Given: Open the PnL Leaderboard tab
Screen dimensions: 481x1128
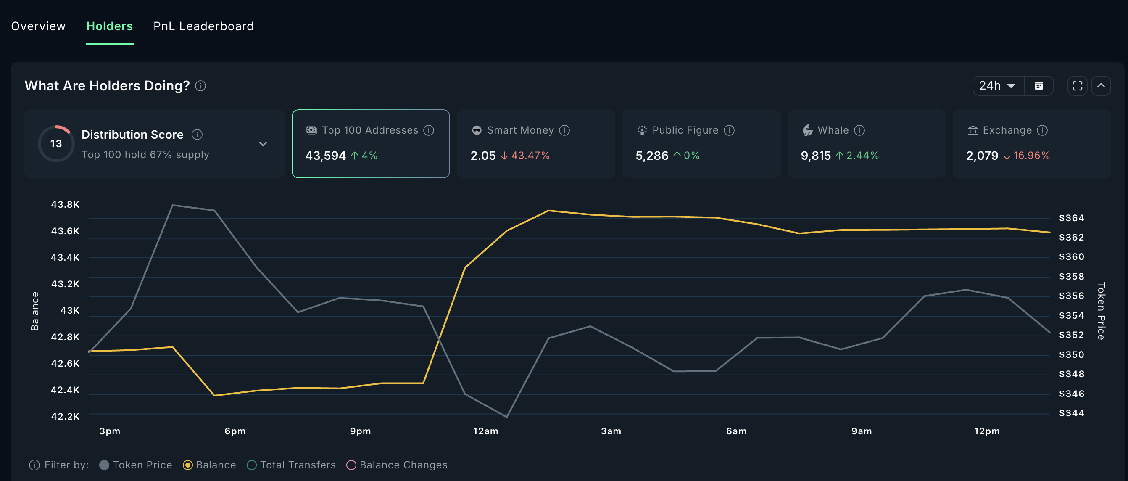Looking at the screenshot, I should click(203, 26).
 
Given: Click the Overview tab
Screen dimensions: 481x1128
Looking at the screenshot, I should click(38, 26).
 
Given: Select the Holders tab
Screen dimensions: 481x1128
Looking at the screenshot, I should click(109, 26).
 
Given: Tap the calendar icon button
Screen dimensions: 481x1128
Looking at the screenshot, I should click(1038, 85).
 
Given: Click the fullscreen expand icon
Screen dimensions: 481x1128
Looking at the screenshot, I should click(1077, 85).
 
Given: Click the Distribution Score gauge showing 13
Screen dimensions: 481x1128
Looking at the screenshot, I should click(56, 144).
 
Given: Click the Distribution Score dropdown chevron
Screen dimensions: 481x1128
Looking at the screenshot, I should click(263, 144).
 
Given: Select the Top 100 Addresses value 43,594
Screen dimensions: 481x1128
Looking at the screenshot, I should click(325, 156).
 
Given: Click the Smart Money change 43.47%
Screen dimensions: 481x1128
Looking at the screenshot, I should click(530, 156).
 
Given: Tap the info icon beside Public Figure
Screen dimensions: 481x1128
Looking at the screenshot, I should click(729, 130).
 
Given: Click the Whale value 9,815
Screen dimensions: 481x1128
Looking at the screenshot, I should click(815, 156).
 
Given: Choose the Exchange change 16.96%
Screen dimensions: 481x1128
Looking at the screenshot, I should click(1031, 156).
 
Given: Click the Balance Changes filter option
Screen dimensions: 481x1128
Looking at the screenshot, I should click(397, 465).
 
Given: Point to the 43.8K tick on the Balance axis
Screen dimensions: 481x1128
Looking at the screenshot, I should click(65, 205).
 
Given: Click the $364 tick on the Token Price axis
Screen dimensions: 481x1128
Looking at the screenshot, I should click(1071, 218).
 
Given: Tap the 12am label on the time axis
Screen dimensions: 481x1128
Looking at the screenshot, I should click(485, 431).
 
